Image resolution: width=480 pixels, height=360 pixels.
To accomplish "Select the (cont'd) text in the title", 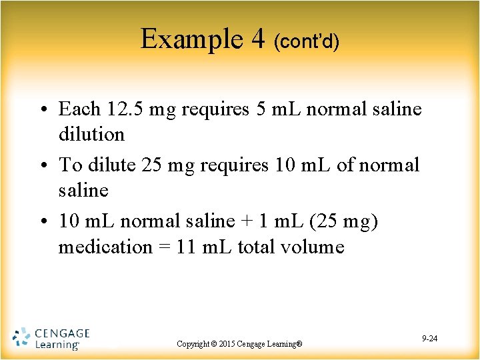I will click(307, 42).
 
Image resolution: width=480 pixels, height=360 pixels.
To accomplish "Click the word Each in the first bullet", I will click(79, 109).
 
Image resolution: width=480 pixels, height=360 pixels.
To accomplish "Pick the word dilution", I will click(91, 134).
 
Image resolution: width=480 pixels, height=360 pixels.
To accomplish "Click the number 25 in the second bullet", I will click(153, 164).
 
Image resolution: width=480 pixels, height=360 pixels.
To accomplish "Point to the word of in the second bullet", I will click(346, 164).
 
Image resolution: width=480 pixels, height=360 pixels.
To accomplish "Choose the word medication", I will click(105, 247).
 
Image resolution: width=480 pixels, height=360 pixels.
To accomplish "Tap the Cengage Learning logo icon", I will click(21, 338).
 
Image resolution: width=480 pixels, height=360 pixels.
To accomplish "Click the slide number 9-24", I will click(429, 339).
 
